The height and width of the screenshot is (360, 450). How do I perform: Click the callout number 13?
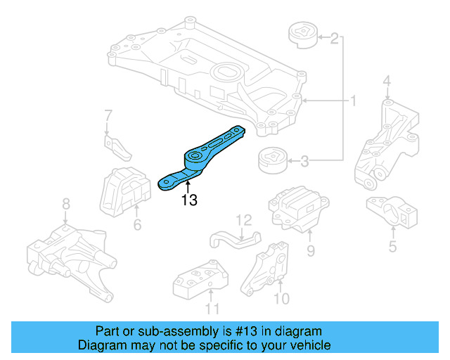pos(188,200)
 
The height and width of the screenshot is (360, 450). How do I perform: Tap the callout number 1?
pos(353,102)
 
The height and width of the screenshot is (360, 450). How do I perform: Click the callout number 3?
pos(304,162)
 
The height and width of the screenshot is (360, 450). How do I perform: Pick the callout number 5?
pos(392,246)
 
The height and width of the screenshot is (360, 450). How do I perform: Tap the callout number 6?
pos(137,225)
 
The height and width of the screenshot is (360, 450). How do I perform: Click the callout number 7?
pos(108,115)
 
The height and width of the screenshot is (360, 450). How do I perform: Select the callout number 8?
pos(65,205)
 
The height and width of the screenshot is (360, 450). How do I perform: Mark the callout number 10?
pos(281,299)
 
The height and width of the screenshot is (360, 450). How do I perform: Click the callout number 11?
pos(212,308)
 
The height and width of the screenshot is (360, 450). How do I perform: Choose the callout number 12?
pos(243,219)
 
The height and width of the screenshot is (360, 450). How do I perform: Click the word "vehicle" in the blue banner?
pos(310,345)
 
